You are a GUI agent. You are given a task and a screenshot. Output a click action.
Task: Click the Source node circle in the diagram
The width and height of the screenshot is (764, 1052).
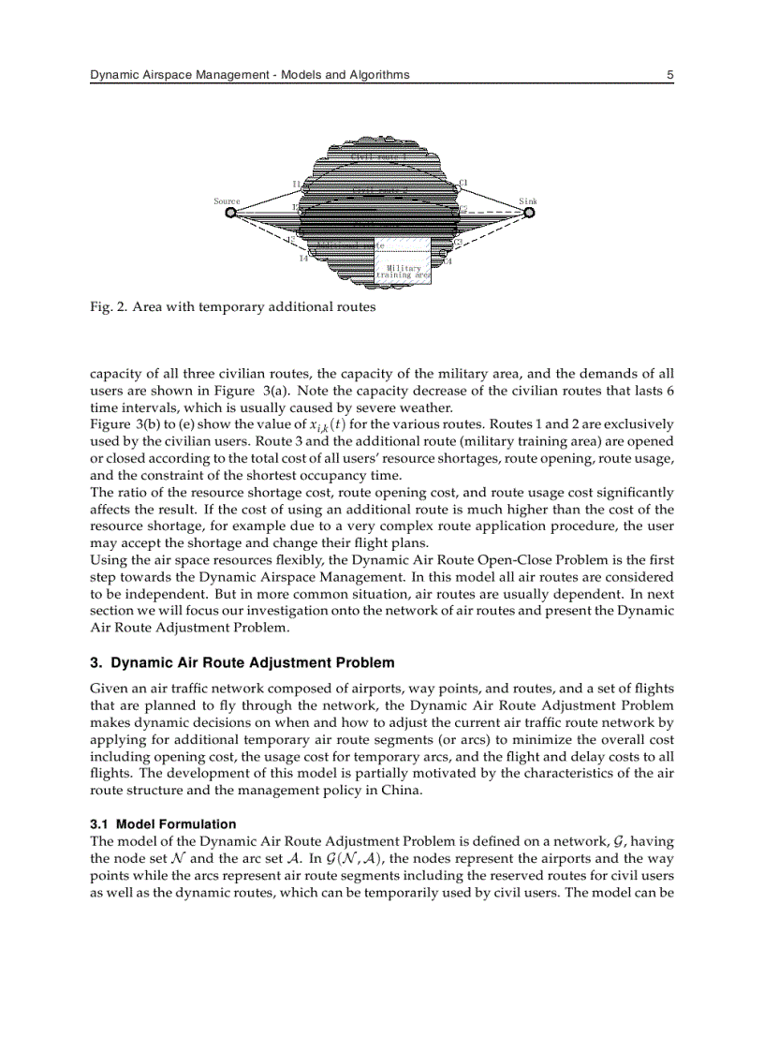pyautogui.click(x=230, y=213)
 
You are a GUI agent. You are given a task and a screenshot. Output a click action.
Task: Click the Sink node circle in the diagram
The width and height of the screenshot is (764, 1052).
pyautogui.click(x=529, y=213)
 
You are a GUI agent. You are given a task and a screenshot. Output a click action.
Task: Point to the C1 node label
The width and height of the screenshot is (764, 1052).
pyautogui.click(x=463, y=183)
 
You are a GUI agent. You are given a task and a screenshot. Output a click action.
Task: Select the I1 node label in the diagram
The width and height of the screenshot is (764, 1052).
pyautogui.click(x=297, y=185)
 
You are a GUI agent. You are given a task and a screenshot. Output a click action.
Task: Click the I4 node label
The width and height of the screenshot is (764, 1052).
pyautogui.click(x=303, y=259)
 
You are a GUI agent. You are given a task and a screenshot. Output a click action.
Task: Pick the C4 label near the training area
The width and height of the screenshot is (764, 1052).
pyautogui.click(x=448, y=261)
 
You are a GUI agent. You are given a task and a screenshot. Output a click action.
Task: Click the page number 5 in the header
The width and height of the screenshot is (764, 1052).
pyautogui.click(x=670, y=75)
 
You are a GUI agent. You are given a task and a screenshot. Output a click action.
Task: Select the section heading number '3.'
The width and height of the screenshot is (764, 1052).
pyautogui.click(x=95, y=662)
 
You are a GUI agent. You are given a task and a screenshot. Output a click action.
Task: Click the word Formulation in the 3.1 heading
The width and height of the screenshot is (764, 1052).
pyautogui.click(x=200, y=824)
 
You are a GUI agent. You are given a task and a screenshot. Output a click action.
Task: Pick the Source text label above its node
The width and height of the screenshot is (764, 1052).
pyautogui.click(x=227, y=201)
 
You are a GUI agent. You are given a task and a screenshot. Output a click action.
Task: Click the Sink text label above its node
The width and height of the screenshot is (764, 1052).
pyautogui.click(x=528, y=201)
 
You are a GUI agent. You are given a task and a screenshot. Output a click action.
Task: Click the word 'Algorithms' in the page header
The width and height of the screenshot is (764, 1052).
pyautogui.click(x=378, y=75)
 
